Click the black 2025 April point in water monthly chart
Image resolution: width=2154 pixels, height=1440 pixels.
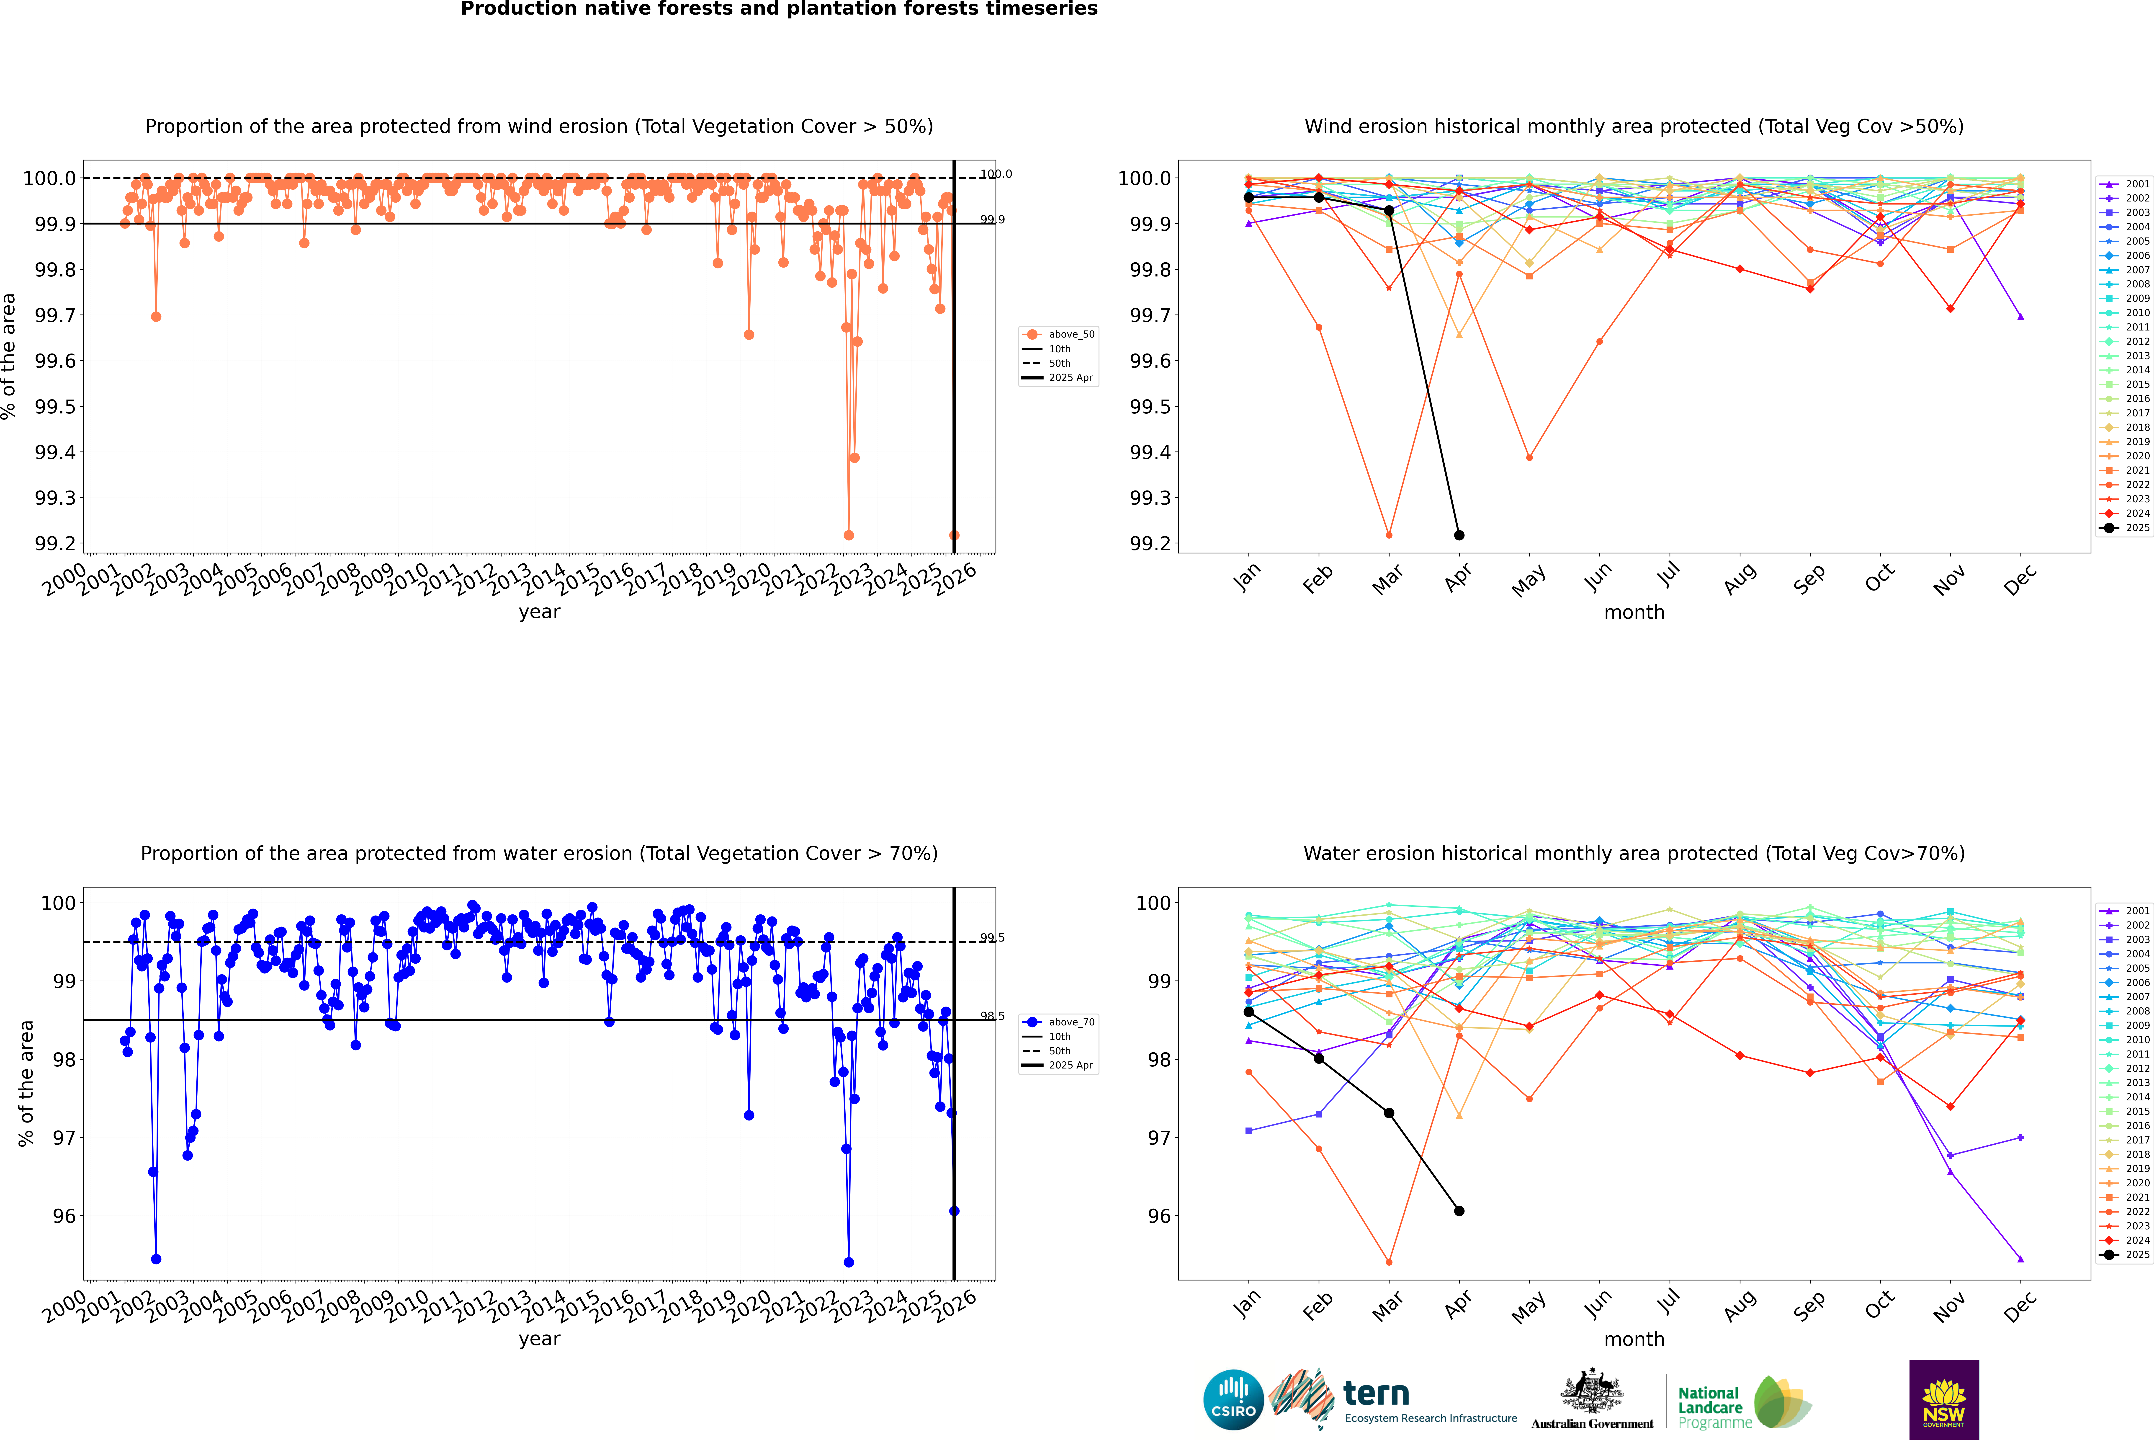click(x=1459, y=1210)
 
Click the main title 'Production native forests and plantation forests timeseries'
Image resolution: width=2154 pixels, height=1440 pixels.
click(x=779, y=9)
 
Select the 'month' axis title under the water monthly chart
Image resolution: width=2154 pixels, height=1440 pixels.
click(x=1633, y=1339)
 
